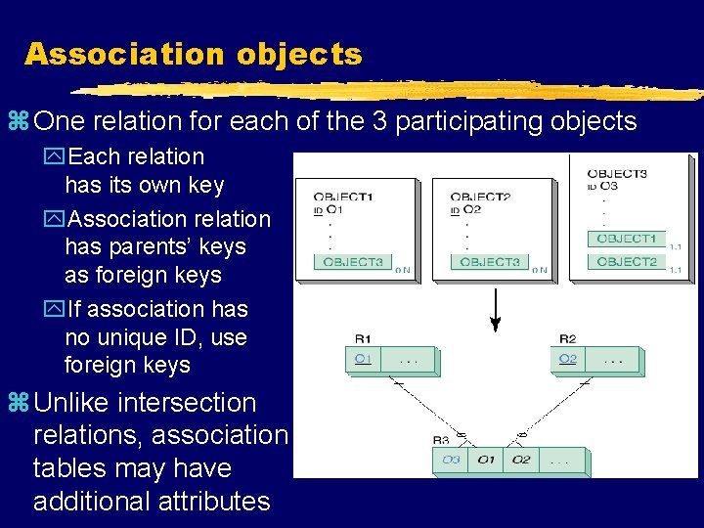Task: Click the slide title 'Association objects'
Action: coord(193,54)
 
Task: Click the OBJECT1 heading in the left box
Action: coord(342,197)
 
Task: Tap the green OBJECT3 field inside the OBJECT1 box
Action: coord(352,262)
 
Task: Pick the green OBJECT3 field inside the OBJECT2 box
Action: coord(489,262)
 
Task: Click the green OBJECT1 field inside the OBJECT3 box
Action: coord(626,239)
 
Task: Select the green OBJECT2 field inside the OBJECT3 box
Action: coord(626,262)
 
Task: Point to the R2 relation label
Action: coord(568,338)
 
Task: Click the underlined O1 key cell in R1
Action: coord(363,360)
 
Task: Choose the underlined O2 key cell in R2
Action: coord(567,360)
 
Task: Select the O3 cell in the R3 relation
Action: coord(451,459)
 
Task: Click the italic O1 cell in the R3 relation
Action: coord(485,459)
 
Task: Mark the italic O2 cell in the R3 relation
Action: coord(519,459)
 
